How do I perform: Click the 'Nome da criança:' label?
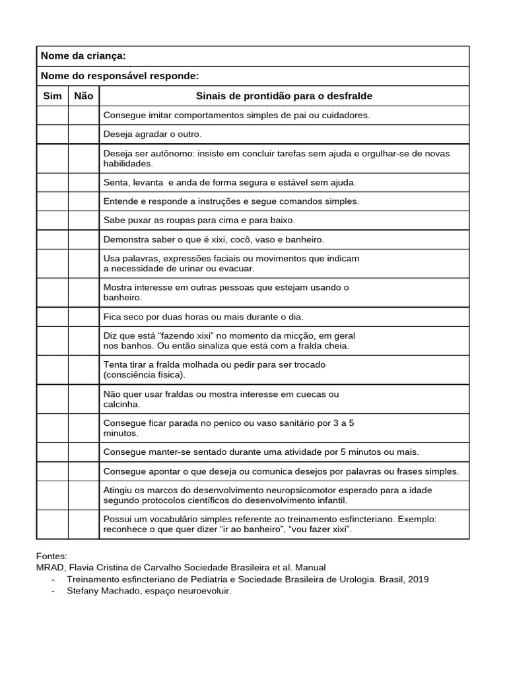click(83, 56)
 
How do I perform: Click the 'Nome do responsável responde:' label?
click(119, 76)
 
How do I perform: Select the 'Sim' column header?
click(52, 96)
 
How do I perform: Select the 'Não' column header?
click(84, 96)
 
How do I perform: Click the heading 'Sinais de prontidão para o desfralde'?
click(284, 96)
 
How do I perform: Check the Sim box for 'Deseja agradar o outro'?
click(52, 134)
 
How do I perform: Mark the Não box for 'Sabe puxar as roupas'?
click(84, 220)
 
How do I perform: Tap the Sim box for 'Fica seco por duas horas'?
click(52, 317)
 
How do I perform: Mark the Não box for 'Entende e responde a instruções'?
click(84, 201)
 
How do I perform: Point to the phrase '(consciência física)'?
click(145, 375)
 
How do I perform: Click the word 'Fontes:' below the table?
click(51, 557)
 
